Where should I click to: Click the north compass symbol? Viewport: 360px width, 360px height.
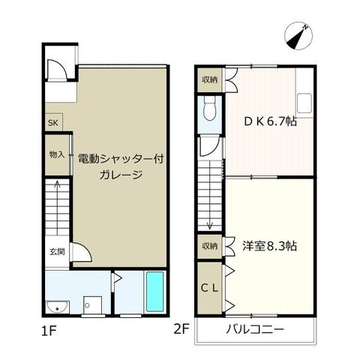coord(298,37)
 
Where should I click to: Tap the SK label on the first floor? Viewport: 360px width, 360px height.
coord(53,123)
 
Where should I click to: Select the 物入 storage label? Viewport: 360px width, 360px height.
coord(57,155)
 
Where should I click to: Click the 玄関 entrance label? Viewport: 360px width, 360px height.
coord(57,252)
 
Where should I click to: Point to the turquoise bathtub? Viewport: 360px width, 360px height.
coord(155,292)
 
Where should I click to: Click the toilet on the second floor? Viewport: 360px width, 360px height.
coord(209,109)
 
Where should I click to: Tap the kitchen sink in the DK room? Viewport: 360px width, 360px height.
coord(304,103)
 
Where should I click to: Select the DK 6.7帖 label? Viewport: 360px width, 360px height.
coord(270,121)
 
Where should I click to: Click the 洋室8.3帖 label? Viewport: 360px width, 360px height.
coord(270,246)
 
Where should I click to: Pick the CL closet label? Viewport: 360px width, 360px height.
coord(209,289)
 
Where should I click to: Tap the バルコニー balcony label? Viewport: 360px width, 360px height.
coord(255,329)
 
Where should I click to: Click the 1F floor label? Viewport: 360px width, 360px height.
coord(49,331)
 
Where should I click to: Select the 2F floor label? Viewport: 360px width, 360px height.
coord(182,329)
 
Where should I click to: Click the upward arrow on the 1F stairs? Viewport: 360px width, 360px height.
coord(58,208)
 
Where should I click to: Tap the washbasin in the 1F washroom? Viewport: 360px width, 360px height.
coord(58,307)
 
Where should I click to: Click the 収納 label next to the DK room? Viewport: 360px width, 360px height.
coord(210,80)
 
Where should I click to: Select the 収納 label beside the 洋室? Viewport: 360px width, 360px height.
coord(210,246)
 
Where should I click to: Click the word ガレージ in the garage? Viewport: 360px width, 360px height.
coord(121,174)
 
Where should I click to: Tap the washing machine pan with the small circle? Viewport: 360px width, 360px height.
coord(93,305)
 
